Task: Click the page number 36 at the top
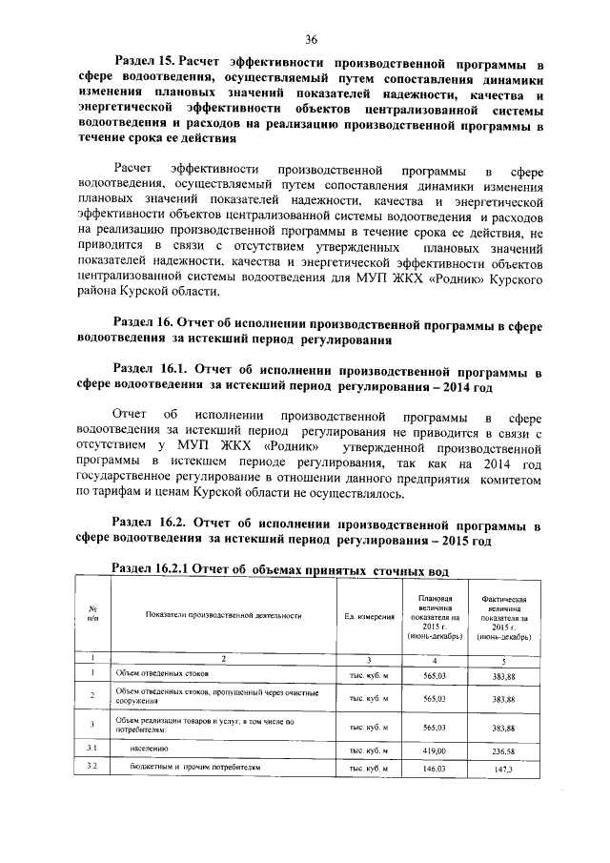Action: [311, 38]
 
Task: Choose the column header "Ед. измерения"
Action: [369, 617]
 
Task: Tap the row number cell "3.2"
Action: [92, 767]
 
